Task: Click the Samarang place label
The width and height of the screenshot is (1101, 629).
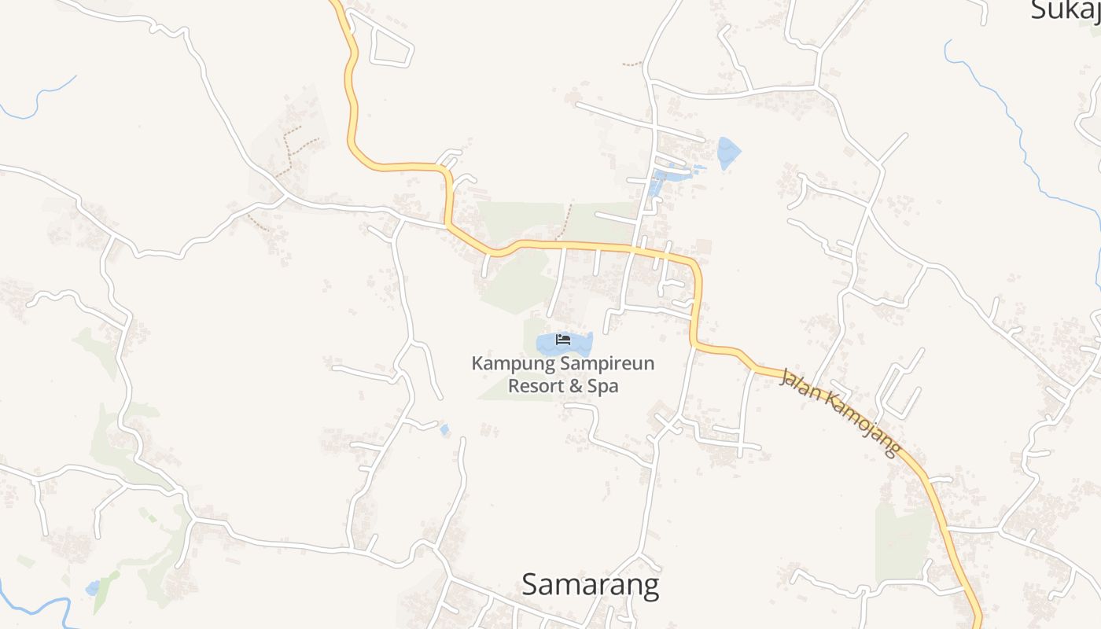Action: (590, 585)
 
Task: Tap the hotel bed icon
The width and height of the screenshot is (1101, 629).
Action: (563, 340)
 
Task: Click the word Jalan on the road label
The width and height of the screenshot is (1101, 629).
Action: (799, 389)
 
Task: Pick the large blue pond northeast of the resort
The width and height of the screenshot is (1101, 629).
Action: (728, 151)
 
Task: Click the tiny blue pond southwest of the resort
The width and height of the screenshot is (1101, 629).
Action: (445, 429)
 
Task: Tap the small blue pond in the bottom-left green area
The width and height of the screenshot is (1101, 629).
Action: (94, 587)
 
